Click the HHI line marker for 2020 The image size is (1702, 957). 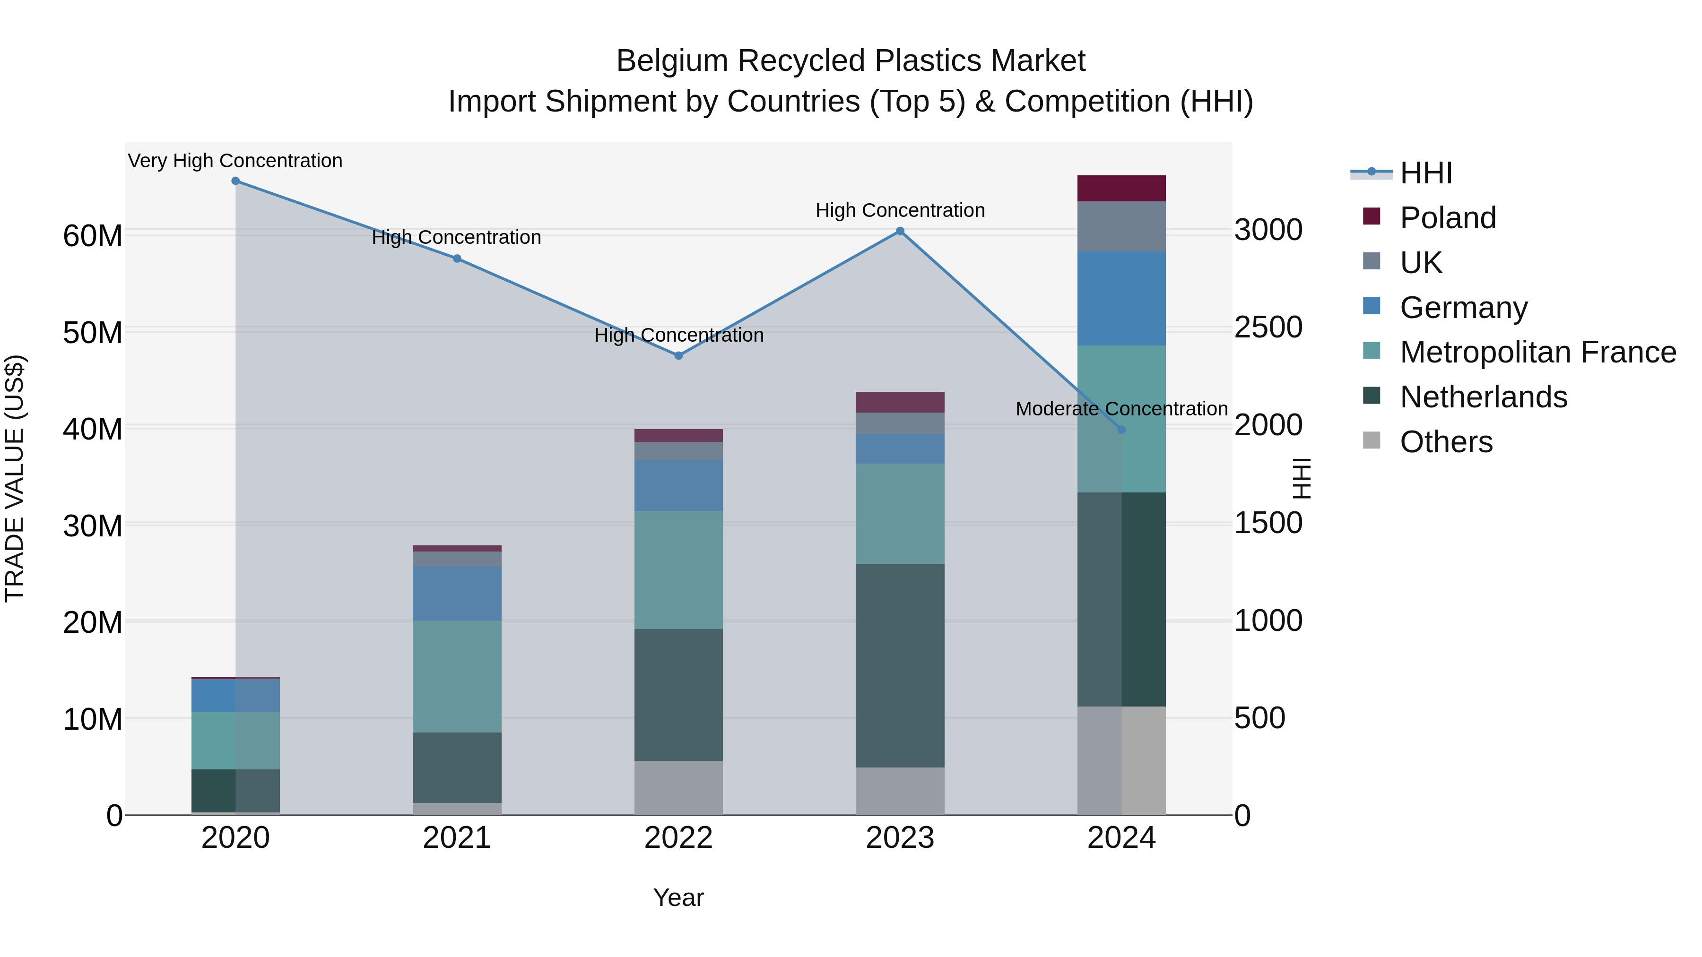click(x=235, y=181)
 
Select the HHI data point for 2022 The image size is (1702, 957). click(x=678, y=356)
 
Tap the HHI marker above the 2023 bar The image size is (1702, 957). click(x=900, y=231)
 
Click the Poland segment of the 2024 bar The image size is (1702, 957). click(x=1121, y=188)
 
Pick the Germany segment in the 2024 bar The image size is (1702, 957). click(x=1121, y=299)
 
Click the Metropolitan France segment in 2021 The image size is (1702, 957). click(x=457, y=676)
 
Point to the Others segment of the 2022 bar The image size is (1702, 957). click(x=678, y=788)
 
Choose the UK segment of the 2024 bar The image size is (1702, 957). click(x=1121, y=226)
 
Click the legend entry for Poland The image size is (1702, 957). click(x=1447, y=218)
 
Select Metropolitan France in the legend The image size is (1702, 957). click(x=1537, y=352)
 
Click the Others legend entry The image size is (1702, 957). click(x=1446, y=442)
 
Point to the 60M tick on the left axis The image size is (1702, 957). click(x=93, y=236)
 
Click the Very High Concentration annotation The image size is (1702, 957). click(x=235, y=161)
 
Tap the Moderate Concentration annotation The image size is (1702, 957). click(x=1121, y=409)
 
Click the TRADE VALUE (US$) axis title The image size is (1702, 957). click(x=15, y=478)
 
